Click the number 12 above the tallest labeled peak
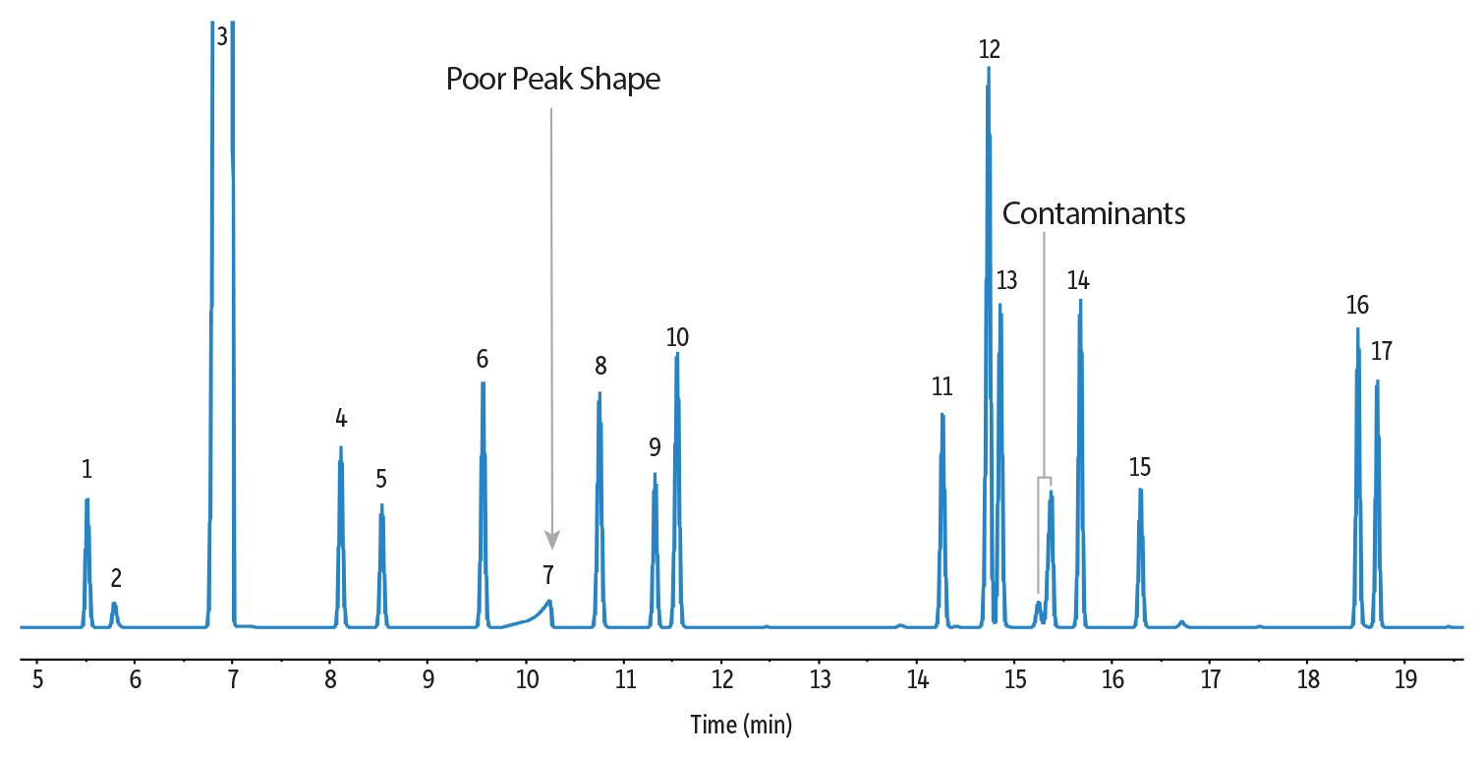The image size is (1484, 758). pos(990,48)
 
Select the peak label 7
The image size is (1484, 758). pos(547,573)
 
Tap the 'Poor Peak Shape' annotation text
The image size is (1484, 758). pos(553,79)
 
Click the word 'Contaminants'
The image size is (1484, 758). pos(1094,213)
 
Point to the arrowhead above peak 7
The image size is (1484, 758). pos(552,540)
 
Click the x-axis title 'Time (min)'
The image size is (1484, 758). pos(741,726)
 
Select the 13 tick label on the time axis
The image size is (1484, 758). pos(820,678)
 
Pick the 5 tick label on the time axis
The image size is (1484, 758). pos(37,678)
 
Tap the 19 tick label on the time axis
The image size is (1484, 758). pos(1405,678)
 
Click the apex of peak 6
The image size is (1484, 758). pos(483,382)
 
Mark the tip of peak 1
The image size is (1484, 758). pos(87,499)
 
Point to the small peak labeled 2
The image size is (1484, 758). pos(114,604)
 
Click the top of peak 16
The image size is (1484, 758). pos(1358,329)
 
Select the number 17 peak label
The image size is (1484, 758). pos(1382,351)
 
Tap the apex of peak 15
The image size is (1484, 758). pos(1140,489)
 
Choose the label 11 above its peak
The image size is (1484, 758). pos(942,386)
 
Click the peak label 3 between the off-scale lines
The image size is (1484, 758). pos(222,37)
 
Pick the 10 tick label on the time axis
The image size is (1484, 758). pos(526,678)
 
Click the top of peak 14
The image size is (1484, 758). pos(1080,300)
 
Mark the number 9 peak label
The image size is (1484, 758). pos(655,447)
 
